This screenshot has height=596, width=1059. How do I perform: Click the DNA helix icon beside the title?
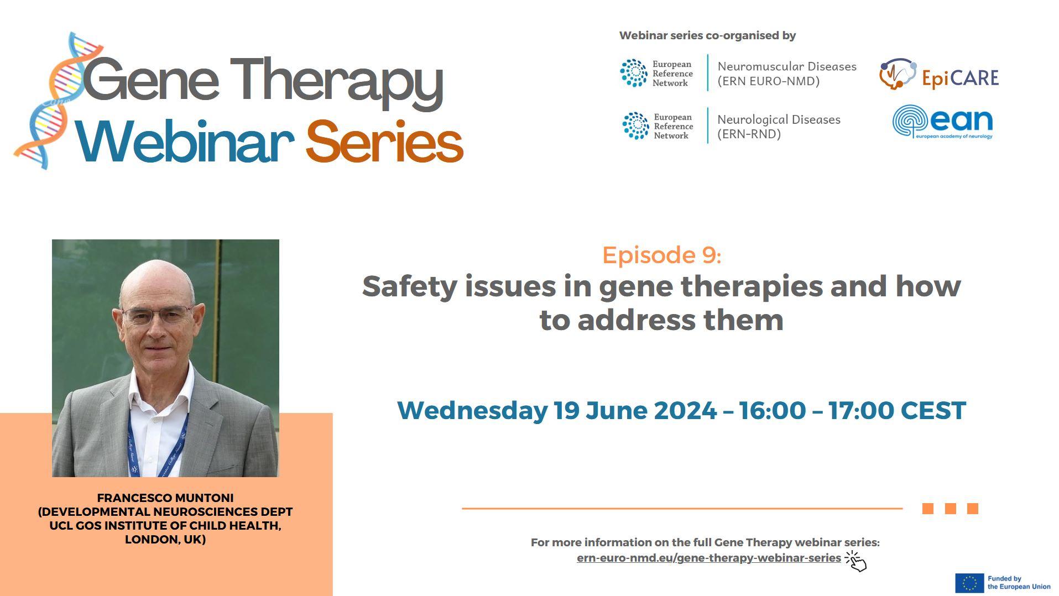click(55, 101)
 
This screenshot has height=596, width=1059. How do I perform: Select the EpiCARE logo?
click(938, 75)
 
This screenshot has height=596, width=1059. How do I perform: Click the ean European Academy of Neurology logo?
click(943, 122)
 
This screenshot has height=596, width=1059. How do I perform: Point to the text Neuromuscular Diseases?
click(786, 66)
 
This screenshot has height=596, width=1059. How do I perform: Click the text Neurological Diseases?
click(779, 119)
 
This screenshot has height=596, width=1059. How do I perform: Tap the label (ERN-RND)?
click(749, 134)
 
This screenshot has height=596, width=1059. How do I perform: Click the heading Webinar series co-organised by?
click(707, 35)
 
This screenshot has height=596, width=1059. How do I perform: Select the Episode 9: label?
click(661, 255)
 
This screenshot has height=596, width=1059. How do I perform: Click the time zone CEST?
click(933, 410)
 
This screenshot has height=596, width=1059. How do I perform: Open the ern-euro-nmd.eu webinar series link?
click(708, 558)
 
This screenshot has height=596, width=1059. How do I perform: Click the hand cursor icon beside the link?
click(856, 561)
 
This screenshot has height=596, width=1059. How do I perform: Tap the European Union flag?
click(969, 583)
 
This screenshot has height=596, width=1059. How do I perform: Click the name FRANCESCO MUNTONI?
click(165, 498)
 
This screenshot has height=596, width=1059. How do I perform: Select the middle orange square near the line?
click(951, 509)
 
